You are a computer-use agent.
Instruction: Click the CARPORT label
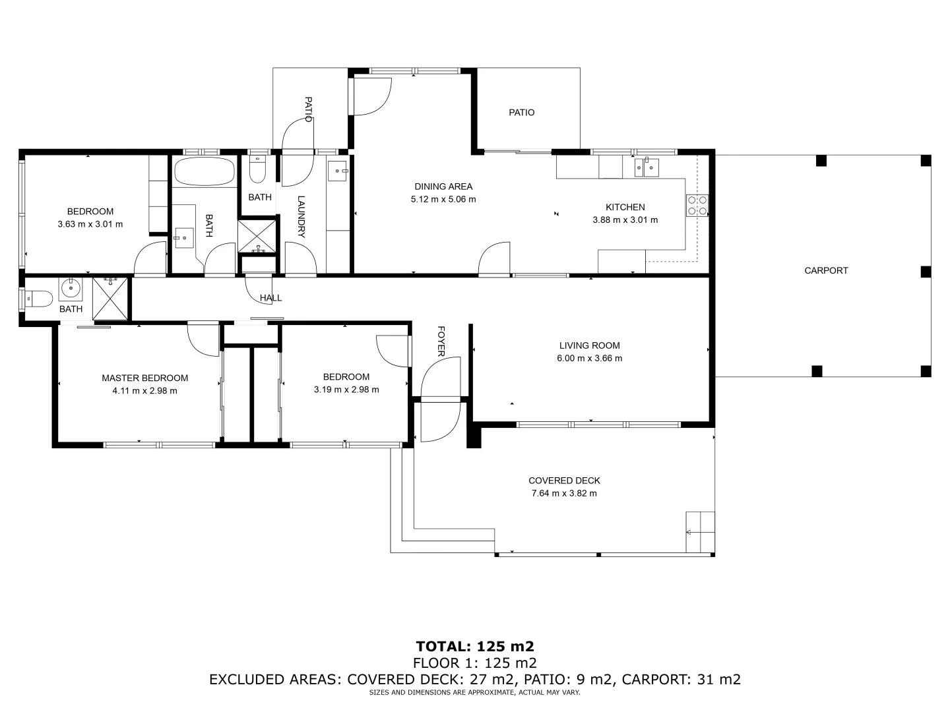pyautogui.click(x=826, y=270)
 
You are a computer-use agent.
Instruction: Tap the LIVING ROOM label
pyautogui.click(x=589, y=345)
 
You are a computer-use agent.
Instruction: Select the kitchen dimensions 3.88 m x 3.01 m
pyautogui.click(x=625, y=220)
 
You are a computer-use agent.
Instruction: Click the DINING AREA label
pyautogui.click(x=443, y=187)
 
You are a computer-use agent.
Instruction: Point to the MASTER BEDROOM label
pyautogui.click(x=144, y=378)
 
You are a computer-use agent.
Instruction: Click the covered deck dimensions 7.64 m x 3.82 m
pyautogui.click(x=564, y=493)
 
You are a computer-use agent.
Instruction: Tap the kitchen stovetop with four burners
pyautogui.click(x=697, y=206)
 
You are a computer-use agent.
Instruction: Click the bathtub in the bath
pyautogui.click(x=204, y=172)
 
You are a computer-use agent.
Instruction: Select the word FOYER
pyautogui.click(x=441, y=341)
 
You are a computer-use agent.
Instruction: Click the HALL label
pyautogui.click(x=270, y=298)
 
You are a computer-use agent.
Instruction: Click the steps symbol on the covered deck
pyautogui.click(x=700, y=532)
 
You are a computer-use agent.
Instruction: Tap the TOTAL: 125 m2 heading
pyautogui.click(x=474, y=645)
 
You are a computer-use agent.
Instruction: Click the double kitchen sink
pyautogui.click(x=647, y=167)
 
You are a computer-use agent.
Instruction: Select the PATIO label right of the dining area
pyautogui.click(x=521, y=113)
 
